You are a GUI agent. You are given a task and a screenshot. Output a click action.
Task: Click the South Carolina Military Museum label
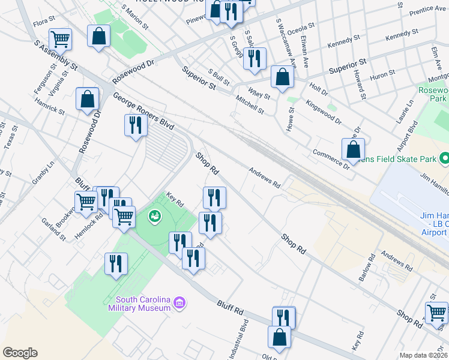pos(140,304)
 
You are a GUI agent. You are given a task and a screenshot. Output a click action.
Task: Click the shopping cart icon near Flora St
pos(60,40)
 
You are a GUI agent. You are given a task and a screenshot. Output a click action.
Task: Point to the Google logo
pos(20,353)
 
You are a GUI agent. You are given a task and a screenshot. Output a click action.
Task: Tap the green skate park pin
pos(444,159)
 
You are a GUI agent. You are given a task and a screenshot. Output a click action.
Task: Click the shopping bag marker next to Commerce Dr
pos(354,150)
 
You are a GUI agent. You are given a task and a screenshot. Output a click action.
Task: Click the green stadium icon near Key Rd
pos(155,215)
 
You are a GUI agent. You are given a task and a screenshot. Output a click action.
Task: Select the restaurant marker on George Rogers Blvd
pos(135,125)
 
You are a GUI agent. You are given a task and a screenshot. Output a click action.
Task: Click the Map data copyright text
pos(424,355)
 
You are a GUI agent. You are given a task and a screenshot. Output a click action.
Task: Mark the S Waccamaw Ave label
pos(286,43)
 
